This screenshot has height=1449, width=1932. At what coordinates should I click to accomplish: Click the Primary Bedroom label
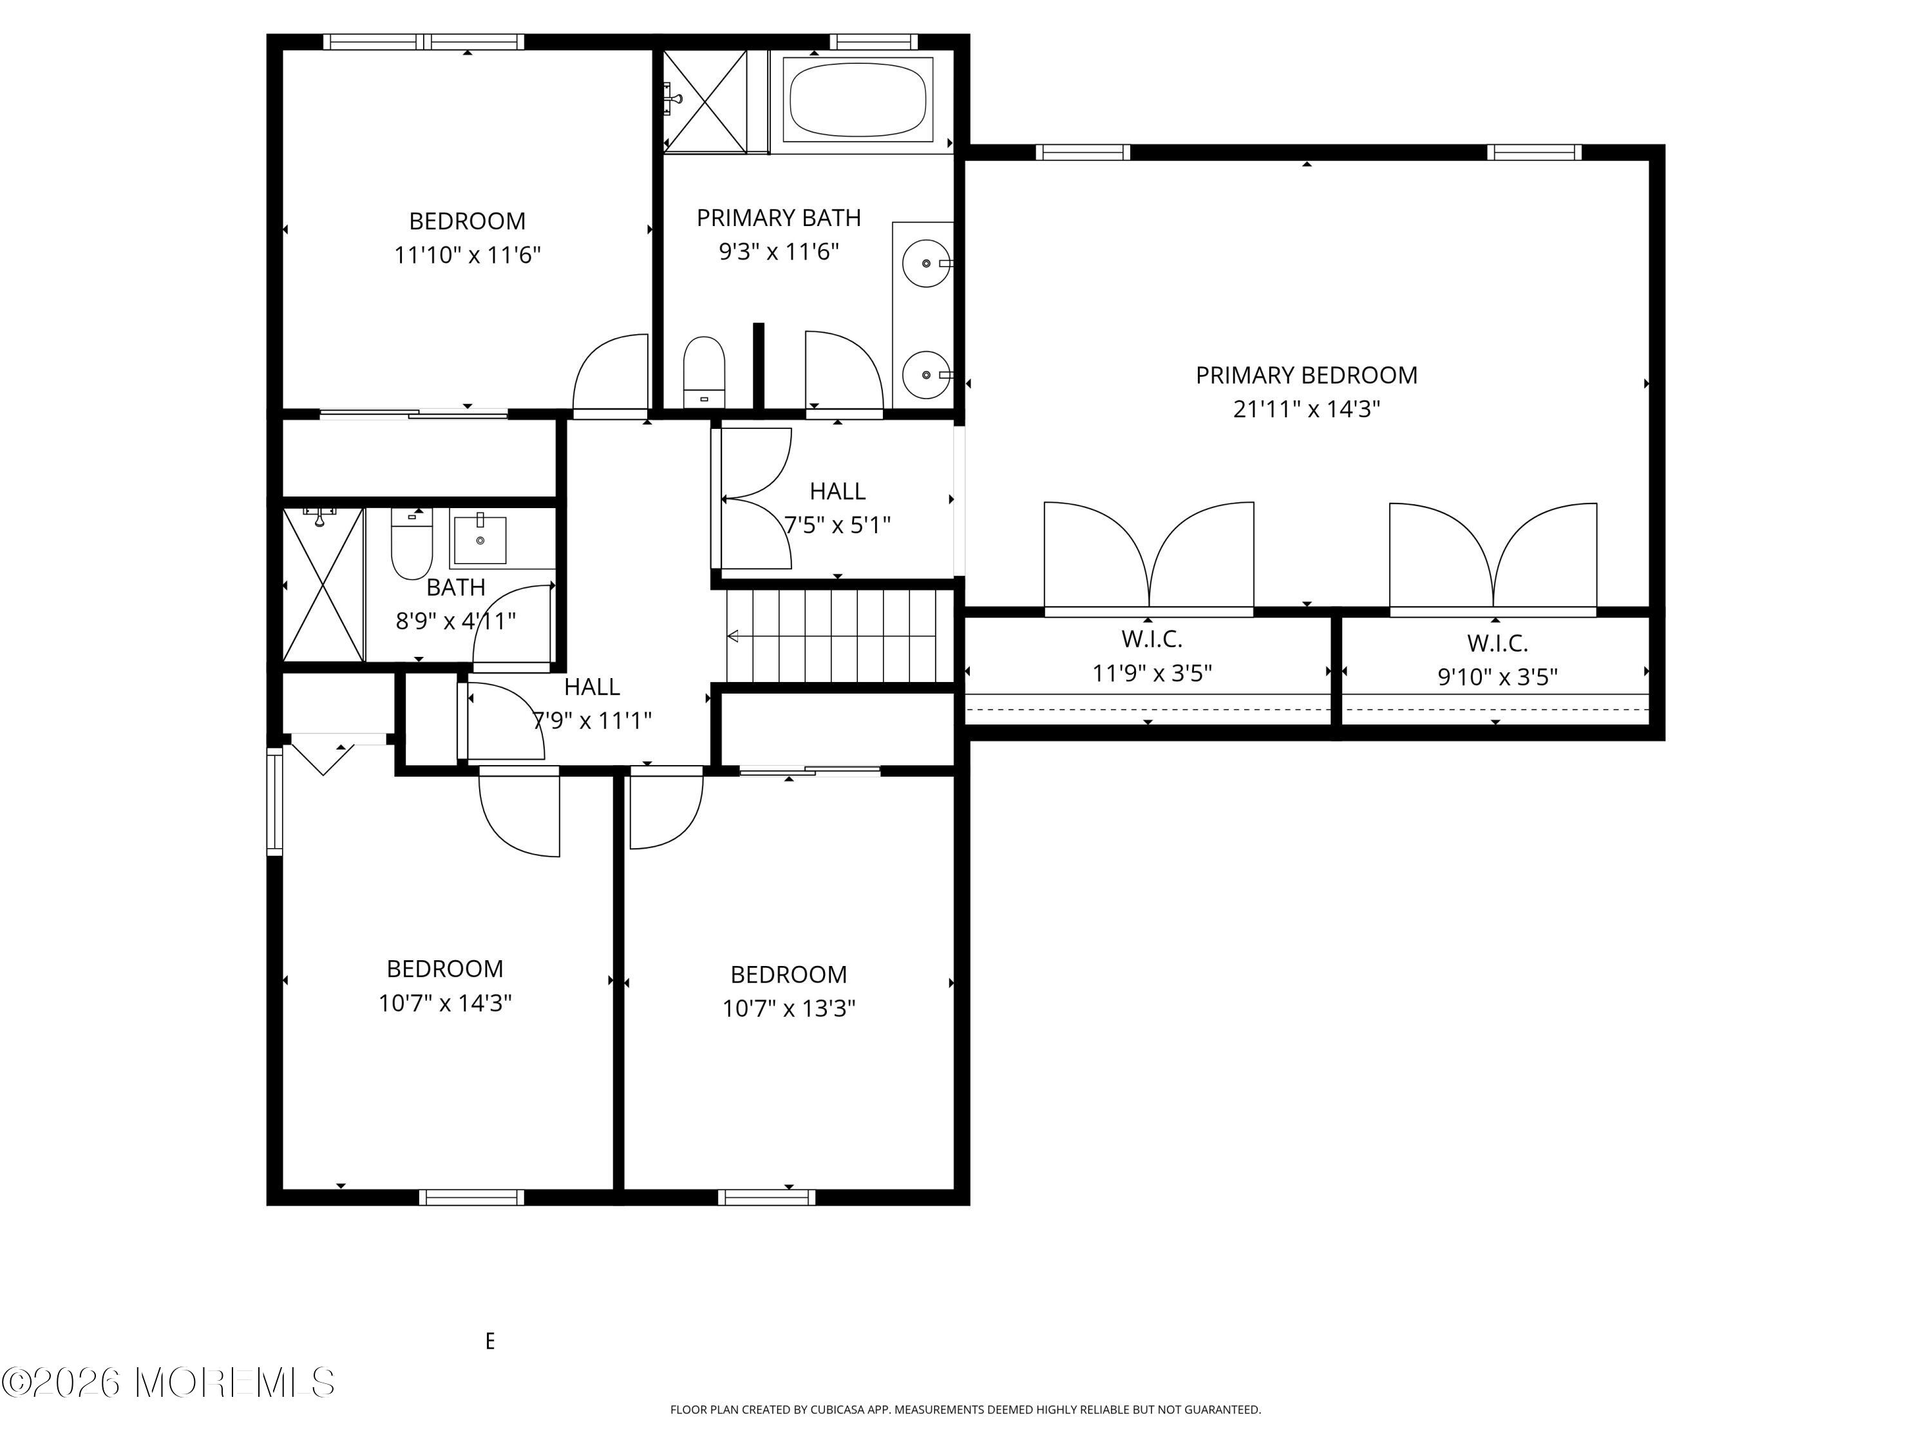1306,375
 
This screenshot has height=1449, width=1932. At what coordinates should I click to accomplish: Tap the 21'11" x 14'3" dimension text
1306,410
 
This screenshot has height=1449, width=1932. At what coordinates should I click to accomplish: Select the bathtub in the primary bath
858,99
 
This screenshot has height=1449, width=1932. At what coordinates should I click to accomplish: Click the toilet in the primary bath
704,371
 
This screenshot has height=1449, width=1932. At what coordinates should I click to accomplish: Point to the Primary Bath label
778,218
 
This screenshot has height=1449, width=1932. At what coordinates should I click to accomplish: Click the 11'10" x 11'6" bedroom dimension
468,256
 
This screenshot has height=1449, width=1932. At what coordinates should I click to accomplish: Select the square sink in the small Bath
480,541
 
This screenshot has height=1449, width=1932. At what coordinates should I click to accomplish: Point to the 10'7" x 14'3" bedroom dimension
444,1003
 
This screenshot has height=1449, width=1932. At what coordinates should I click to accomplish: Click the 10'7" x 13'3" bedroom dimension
789,1009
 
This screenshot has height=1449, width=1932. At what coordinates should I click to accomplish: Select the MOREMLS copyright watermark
167,1383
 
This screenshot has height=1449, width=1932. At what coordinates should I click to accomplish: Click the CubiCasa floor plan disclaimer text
965,1410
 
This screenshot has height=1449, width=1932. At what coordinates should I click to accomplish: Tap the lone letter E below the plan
490,1341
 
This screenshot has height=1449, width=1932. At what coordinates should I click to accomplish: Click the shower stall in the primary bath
705,100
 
